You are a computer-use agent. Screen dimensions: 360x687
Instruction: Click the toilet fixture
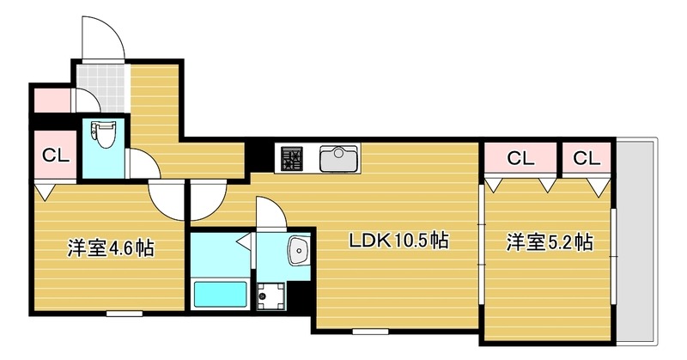pyautogui.click(x=101, y=137)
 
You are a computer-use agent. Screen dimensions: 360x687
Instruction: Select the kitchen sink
pyautogui.click(x=339, y=158)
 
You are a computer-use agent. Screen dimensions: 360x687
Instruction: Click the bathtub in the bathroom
pyautogui.click(x=221, y=294)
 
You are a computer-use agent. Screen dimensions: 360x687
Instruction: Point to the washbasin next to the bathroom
pyautogui.click(x=298, y=250)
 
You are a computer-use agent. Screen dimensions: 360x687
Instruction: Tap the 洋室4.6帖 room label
pyautogui.click(x=111, y=249)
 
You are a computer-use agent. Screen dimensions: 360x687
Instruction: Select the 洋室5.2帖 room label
pyautogui.click(x=549, y=241)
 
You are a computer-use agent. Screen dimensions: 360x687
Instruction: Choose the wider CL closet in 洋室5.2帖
pyautogui.click(x=520, y=158)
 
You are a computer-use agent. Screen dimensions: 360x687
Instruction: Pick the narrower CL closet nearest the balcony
pyautogui.click(x=587, y=158)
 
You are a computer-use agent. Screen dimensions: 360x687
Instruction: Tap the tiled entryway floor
pyautogui.click(x=100, y=76)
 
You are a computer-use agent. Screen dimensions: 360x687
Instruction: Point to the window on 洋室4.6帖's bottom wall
pyautogui.click(x=124, y=313)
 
